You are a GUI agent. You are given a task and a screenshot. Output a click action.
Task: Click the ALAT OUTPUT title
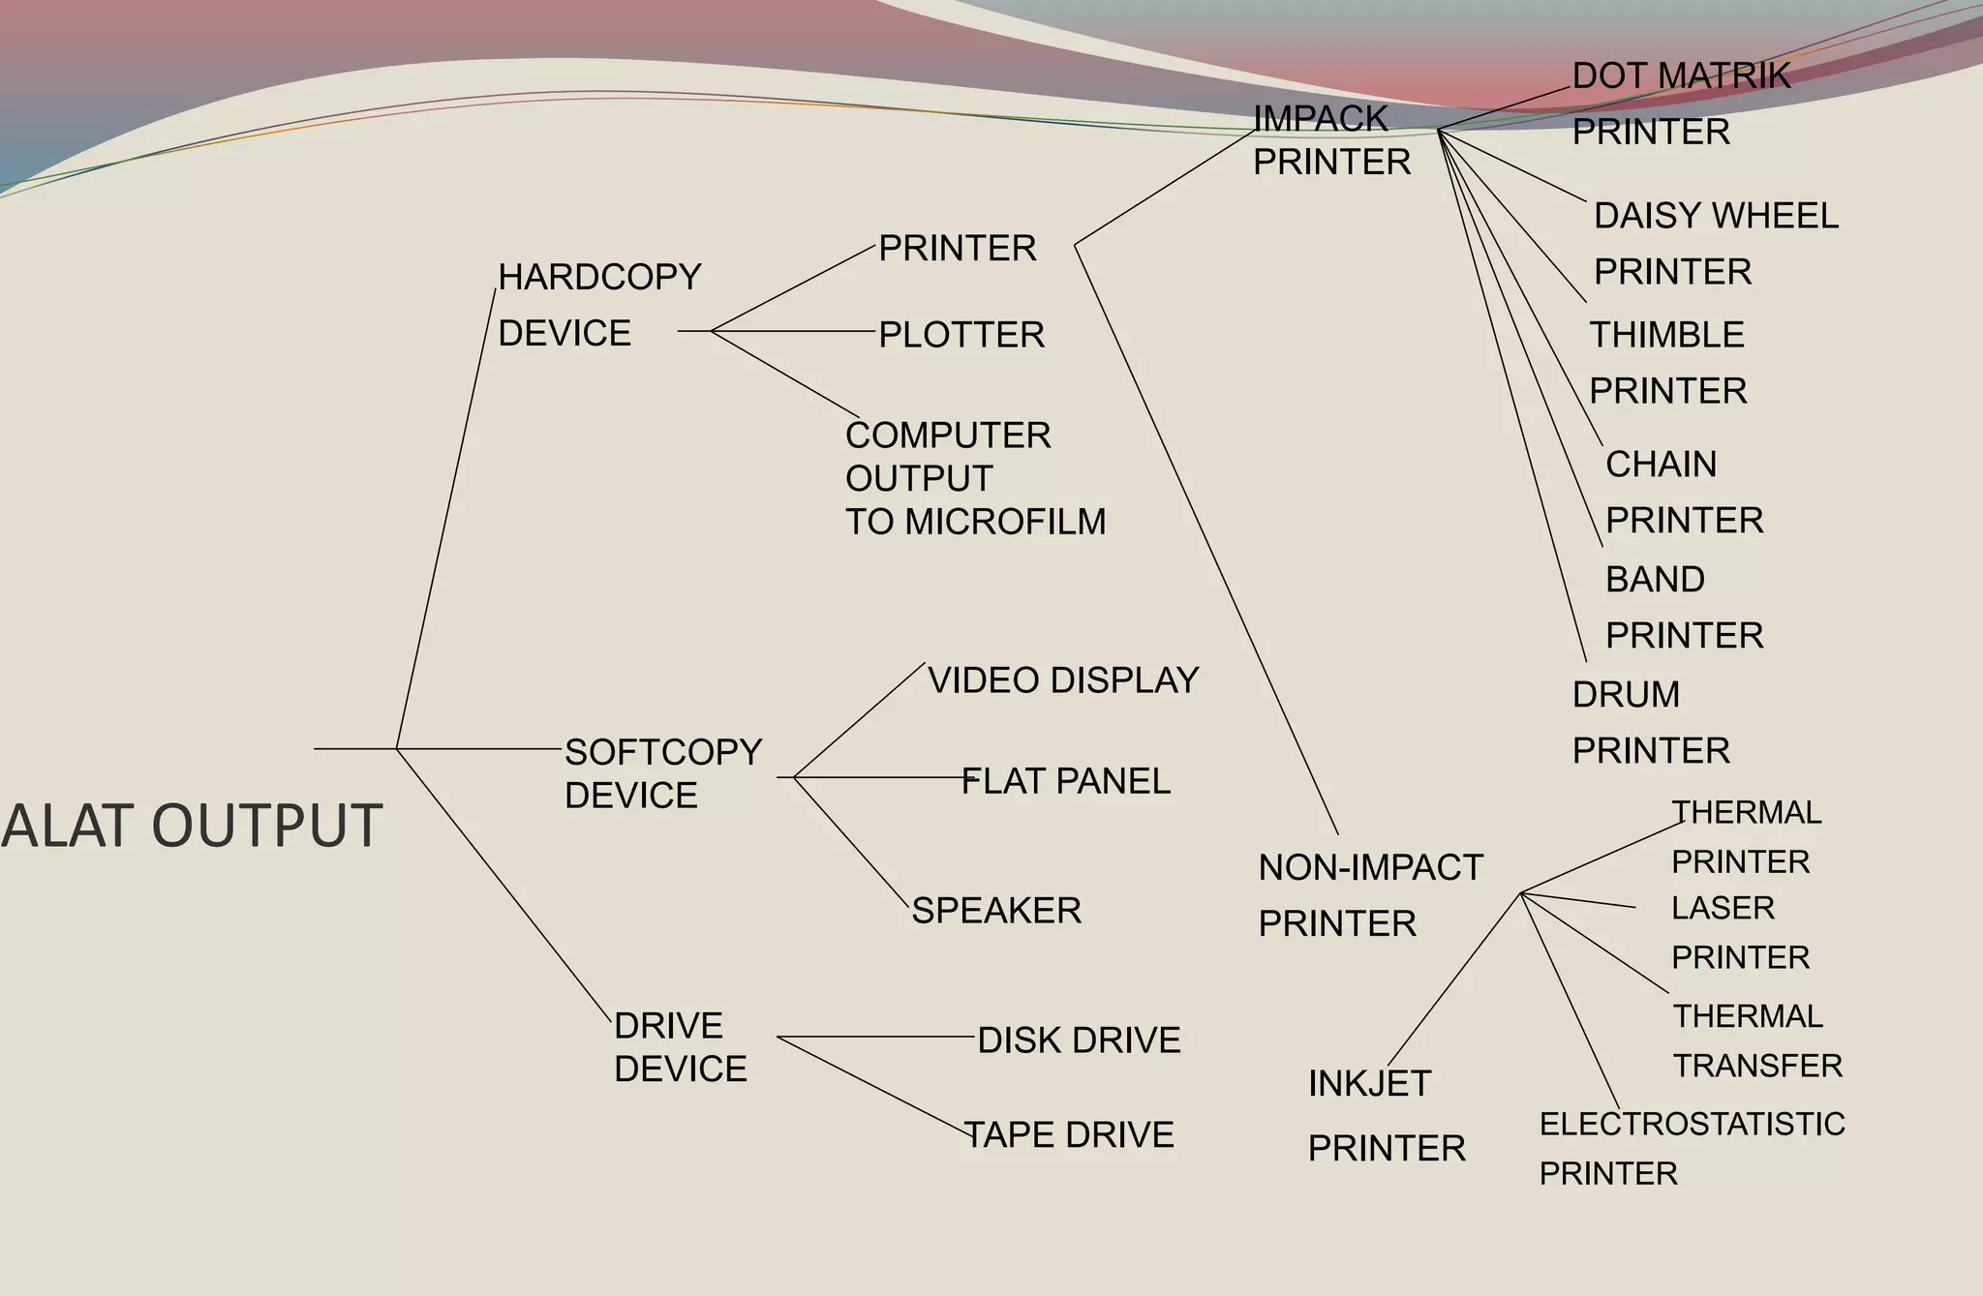[192, 826]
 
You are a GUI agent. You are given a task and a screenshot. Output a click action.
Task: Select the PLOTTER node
[961, 335]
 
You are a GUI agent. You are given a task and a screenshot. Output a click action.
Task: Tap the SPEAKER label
[996, 911]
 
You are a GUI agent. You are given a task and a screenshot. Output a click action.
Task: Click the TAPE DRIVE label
[1069, 1134]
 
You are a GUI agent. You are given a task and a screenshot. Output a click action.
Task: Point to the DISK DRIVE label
[1079, 1040]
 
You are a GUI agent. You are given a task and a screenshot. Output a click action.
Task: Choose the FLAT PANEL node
[1065, 781]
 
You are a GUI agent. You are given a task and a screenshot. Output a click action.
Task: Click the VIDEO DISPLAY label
[1063, 680]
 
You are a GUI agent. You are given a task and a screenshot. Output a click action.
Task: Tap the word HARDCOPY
[599, 278]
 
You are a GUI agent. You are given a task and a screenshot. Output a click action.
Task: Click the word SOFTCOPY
[663, 752]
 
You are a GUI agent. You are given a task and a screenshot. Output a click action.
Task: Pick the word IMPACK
[1321, 118]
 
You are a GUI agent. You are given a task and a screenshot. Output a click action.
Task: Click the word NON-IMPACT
[1370, 868]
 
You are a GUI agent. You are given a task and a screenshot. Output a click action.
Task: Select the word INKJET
[1369, 1083]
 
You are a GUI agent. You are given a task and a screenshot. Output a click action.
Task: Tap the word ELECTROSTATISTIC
[1692, 1124]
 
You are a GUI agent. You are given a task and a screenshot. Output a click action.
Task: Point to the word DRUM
[1626, 695]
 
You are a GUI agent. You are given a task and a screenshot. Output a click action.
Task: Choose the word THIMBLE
[1666, 335]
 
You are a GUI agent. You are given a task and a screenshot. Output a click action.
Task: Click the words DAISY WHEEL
[1716, 216]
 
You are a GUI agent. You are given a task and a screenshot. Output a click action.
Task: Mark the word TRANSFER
[1757, 1066]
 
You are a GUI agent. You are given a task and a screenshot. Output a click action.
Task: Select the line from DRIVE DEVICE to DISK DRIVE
[876, 1037]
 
